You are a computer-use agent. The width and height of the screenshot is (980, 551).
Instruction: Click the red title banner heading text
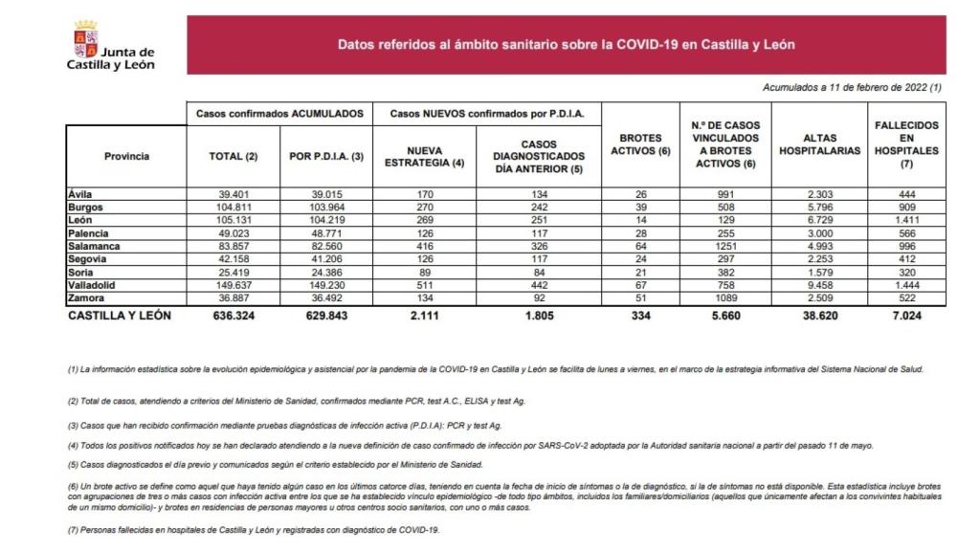pos(566,44)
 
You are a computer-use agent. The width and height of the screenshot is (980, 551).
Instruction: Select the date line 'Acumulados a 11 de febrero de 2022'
pos(852,87)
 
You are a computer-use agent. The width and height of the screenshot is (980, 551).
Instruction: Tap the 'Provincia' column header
pos(126,156)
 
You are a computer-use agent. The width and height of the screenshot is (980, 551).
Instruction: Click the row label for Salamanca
pos(94,246)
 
